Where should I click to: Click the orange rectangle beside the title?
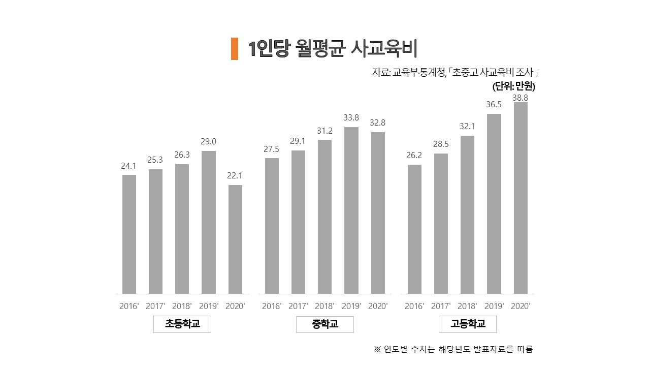(x=234, y=49)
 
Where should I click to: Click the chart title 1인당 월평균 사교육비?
(x=333, y=49)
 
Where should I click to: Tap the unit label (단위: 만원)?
(x=514, y=86)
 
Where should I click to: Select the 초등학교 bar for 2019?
(x=208, y=222)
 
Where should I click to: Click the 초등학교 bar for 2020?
(x=235, y=239)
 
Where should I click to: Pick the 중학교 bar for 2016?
(x=272, y=226)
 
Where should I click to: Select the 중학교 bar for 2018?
(x=324, y=217)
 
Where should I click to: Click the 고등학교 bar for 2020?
(x=521, y=198)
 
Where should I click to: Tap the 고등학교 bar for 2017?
(x=441, y=223)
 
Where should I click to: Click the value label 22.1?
(x=235, y=176)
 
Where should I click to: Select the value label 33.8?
(x=351, y=118)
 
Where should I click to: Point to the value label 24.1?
(x=129, y=166)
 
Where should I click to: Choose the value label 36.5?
(x=494, y=104)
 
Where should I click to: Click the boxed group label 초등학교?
(x=182, y=324)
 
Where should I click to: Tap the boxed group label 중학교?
(x=324, y=324)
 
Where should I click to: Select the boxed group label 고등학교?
(x=467, y=324)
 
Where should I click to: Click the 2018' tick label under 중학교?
(x=324, y=306)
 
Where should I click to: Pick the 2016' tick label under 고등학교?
(x=414, y=306)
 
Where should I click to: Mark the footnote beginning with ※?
(x=453, y=349)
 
